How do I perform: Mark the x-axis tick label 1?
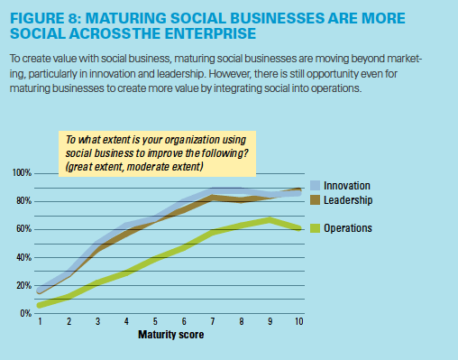click(41, 321)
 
